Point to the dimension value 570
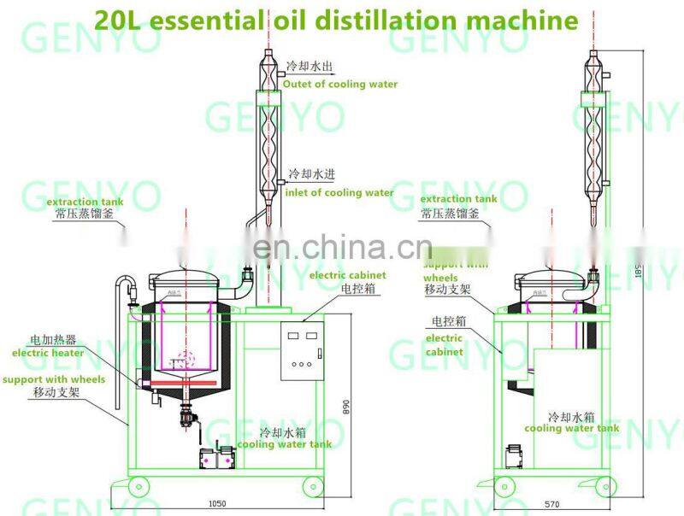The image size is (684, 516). pos(552,504)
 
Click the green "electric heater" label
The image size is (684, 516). pos(47,353)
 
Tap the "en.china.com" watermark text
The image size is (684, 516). pos(342,249)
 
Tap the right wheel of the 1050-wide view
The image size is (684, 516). pos(313,488)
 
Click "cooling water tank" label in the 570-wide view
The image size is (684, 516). pos(571,429)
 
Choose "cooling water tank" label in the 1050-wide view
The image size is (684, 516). pos(284,444)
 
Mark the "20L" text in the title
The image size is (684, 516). pos(116,19)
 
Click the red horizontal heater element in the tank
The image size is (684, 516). pos(184,370)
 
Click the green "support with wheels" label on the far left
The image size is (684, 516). pos(53,379)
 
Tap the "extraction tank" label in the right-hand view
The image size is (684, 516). pos(458,199)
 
